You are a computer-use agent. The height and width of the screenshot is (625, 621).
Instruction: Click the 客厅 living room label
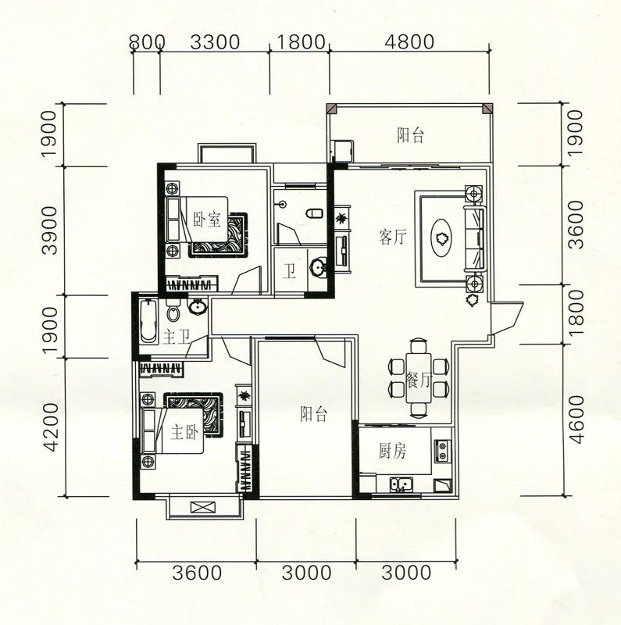(393, 237)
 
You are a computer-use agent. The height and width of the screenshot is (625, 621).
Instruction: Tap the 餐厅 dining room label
(418, 379)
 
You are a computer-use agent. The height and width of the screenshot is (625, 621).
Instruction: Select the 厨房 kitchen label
(392, 451)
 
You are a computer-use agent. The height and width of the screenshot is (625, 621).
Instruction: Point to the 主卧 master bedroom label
(184, 432)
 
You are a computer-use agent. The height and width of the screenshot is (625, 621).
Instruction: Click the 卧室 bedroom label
(207, 220)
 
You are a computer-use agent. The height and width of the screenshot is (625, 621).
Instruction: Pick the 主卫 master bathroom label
(176, 337)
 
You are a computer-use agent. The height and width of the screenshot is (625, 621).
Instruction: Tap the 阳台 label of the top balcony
(410, 134)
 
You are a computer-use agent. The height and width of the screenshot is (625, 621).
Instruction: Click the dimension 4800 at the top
(409, 42)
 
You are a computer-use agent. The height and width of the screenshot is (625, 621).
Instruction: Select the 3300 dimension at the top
(215, 42)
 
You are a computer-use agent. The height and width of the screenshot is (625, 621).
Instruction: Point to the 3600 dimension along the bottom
(197, 573)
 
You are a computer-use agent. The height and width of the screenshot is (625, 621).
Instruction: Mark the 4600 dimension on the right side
(576, 420)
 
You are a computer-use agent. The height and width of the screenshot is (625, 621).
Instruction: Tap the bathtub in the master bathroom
(148, 320)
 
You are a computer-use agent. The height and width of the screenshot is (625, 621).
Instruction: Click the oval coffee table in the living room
(441, 238)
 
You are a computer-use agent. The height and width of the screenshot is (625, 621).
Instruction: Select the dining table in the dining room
(418, 377)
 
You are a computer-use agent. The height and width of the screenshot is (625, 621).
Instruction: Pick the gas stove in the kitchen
(442, 451)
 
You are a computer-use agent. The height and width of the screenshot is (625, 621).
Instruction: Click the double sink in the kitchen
(402, 484)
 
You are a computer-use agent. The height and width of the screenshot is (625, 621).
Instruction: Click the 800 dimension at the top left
(147, 42)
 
